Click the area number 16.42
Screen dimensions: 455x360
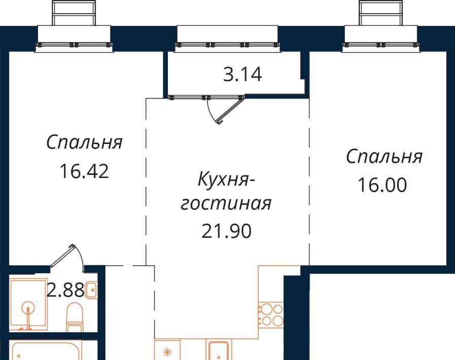click(x=84, y=171)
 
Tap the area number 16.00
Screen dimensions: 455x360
click(x=382, y=185)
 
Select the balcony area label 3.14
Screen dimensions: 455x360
click(x=242, y=74)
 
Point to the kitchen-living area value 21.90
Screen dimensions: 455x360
click(x=227, y=231)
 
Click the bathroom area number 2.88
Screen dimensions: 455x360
click(x=65, y=290)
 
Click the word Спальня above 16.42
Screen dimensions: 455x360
click(x=84, y=142)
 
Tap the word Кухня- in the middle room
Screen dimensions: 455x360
click(x=226, y=179)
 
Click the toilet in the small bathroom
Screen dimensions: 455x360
click(x=75, y=317)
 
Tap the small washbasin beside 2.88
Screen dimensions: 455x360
click(x=91, y=290)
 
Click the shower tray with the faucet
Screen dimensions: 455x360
click(x=28, y=305)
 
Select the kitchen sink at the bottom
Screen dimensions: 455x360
click(x=219, y=350)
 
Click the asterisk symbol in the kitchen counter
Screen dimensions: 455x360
click(x=167, y=352)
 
